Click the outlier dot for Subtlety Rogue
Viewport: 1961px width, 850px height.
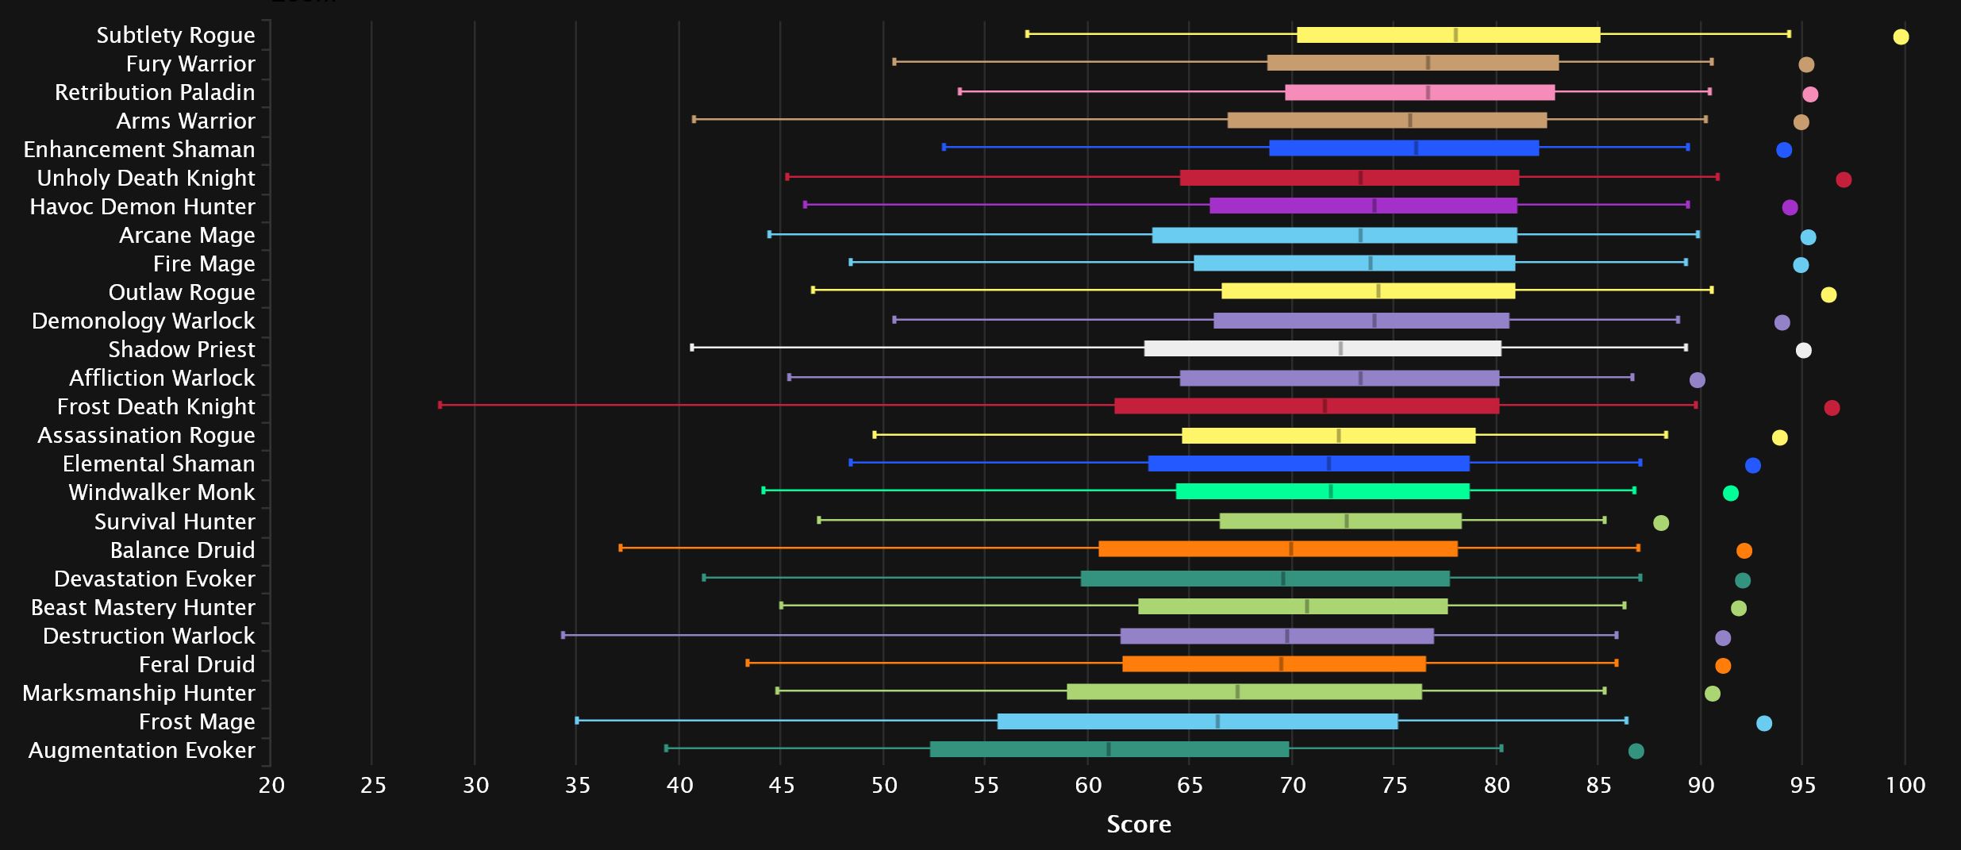pos(1901,37)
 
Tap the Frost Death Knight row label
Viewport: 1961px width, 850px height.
pos(156,406)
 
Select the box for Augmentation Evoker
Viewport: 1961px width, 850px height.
pos(1109,749)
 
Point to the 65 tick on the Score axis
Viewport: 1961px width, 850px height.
pos(1190,785)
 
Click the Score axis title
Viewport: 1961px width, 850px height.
pos(1139,825)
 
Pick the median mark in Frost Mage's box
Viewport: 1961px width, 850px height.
pos(1217,721)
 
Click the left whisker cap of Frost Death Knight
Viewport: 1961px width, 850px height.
pos(440,405)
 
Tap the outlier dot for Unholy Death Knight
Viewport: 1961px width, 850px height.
pos(1844,179)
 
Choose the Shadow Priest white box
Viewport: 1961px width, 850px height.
pos(1322,348)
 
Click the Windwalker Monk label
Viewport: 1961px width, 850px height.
pos(162,492)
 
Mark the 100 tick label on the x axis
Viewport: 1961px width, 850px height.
pos(1905,785)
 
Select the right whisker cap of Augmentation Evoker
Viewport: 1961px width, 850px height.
pos(1501,748)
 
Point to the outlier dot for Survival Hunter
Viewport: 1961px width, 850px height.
pos(1661,522)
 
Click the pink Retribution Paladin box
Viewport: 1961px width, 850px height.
pos(1419,92)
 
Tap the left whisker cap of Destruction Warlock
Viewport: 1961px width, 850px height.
pos(563,635)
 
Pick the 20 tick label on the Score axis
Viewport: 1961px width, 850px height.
pos(271,785)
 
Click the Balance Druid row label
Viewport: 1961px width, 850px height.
pos(183,550)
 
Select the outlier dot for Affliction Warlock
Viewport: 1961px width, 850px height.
pos(1698,379)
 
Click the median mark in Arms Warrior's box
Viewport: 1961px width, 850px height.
pos(1409,121)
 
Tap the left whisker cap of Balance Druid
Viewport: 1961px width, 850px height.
pos(620,548)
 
